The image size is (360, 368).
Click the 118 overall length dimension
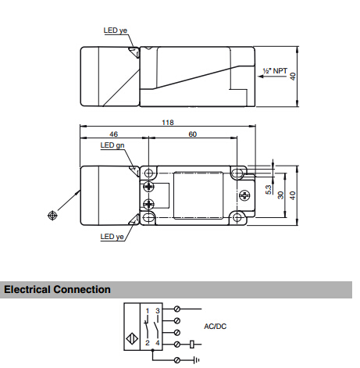(168, 122)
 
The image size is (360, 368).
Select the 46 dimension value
(113, 134)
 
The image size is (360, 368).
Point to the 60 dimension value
(193, 134)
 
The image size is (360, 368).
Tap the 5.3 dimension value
(269, 190)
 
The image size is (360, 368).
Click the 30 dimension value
(280, 195)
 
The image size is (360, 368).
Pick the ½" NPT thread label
(275, 71)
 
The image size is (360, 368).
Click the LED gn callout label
(112, 145)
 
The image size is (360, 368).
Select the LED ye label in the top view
(116, 30)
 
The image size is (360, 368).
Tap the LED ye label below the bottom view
(112, 237)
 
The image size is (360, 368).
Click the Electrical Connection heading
(57, 290)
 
